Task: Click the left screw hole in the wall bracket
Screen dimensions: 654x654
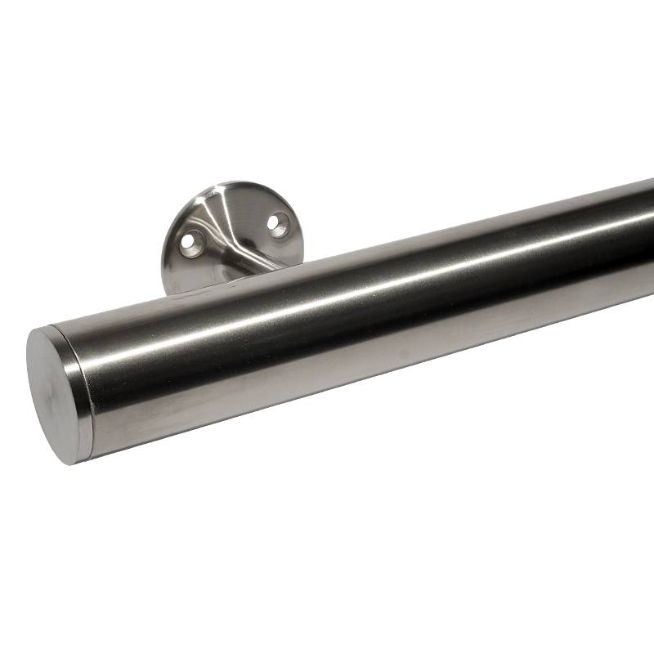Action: pyautogui.click(x=191, y=243)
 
